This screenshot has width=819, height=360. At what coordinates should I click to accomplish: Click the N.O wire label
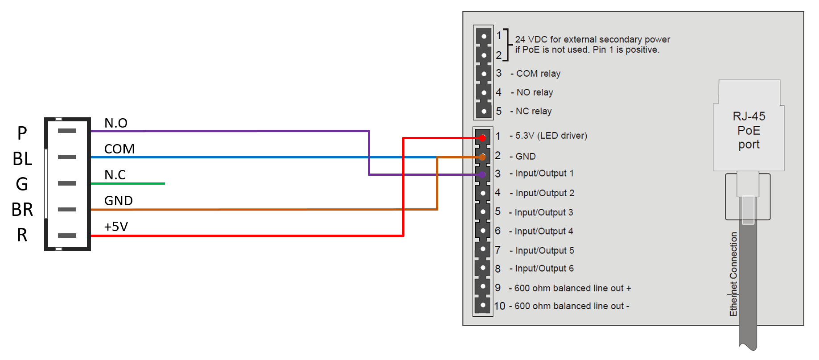pos(116,123)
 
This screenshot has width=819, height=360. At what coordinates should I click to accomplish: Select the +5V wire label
pos(116,227)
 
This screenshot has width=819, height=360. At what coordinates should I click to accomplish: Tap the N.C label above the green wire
pos(115,175)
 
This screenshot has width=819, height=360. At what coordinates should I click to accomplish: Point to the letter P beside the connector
pos(22,133)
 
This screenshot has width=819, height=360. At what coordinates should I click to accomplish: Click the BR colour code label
pos(22,210)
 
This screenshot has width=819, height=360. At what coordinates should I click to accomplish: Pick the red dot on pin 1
pos(482,138)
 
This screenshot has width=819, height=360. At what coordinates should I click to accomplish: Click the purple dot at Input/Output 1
pos(482,175)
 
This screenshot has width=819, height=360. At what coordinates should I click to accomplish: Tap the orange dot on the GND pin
pos(482,157)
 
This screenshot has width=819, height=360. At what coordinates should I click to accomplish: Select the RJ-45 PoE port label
pos(749,130)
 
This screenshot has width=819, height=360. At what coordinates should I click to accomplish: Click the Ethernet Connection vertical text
pos(733,274)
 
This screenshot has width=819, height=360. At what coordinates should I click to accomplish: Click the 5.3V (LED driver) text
pos(551,136)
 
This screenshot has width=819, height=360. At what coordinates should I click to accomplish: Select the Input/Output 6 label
pos(544,269)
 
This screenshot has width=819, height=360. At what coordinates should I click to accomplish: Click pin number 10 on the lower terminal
pos(499,306)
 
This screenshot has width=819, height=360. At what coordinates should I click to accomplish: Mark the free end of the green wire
pos(164,183)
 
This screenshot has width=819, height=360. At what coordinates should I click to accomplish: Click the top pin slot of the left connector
pos(67,131)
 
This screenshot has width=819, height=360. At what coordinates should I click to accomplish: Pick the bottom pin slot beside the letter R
pos(67,236)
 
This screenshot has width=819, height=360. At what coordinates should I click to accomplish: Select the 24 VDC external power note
pos(592,45)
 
